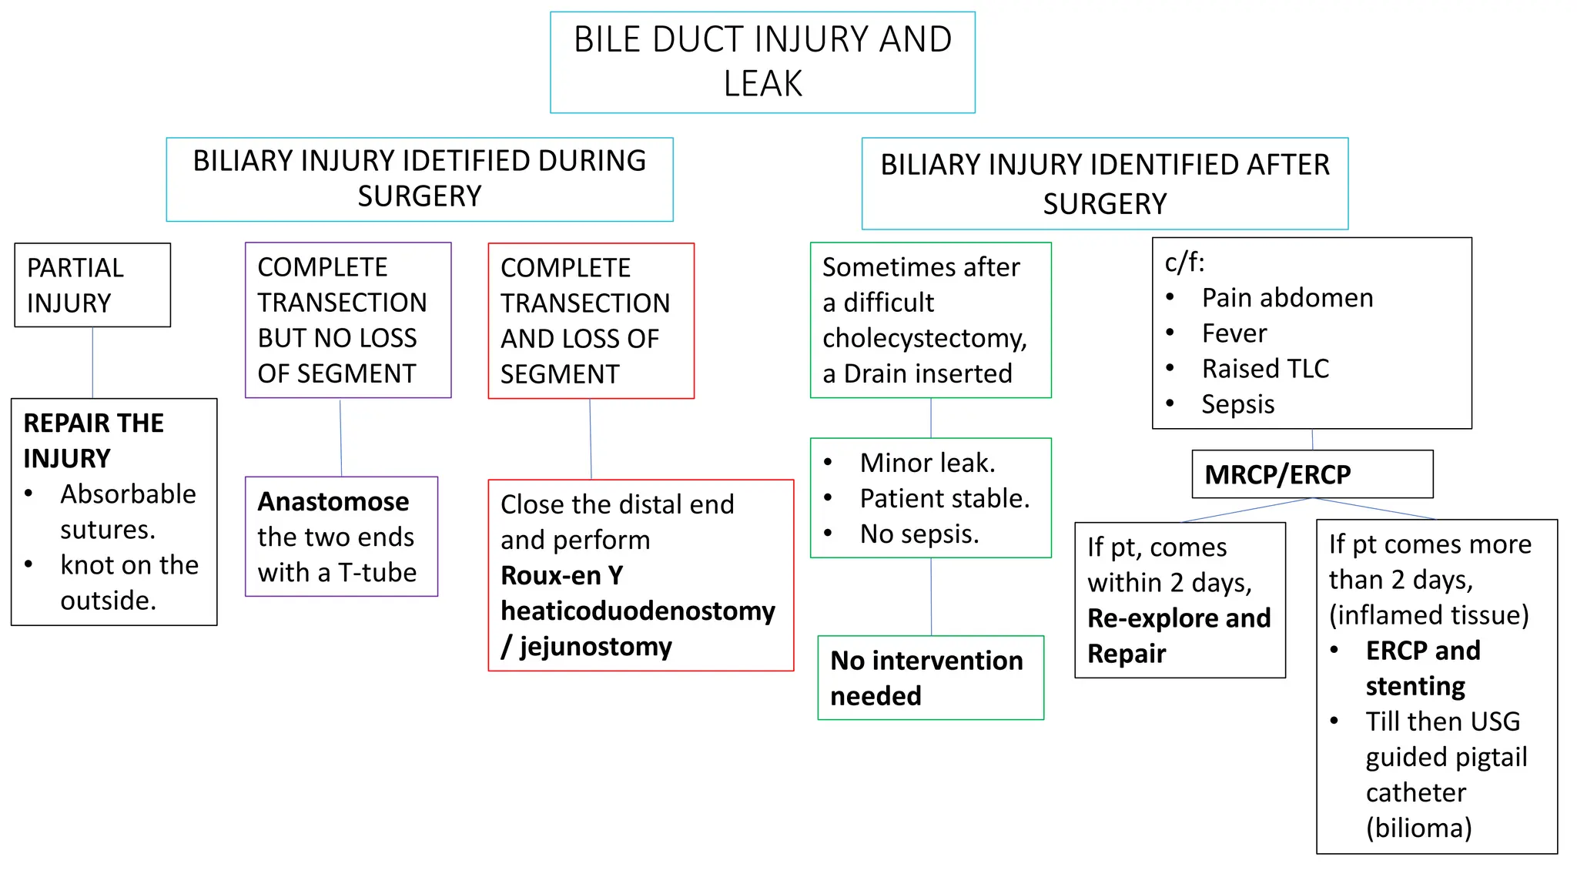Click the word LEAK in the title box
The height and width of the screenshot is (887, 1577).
click(762, 83)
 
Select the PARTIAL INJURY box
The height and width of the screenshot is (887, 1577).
click(92, 286)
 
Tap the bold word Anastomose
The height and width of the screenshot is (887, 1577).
click(333, 502)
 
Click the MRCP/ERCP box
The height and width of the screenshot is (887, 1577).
click(1312, 474)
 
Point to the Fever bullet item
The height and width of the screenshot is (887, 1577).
click(1234, 333)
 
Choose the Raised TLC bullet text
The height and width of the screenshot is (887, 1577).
click(1265, 369)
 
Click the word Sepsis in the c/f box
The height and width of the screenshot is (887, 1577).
click(1237, 404)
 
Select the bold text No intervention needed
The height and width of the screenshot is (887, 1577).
click(926, 678)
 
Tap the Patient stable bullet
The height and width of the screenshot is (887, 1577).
click(944, 499)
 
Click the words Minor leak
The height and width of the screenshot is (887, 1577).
click(927, 464)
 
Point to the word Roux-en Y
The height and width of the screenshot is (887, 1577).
click(562, 575)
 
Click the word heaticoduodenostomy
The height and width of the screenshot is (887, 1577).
click(638, 611)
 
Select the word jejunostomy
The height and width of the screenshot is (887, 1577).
click(595, 647)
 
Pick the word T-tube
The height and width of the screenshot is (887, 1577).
click(377, 573)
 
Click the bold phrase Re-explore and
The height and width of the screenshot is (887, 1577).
click(1179, 618)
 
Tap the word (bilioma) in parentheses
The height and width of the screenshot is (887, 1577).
click(1418, 828)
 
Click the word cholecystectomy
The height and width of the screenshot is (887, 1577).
click(924, 339)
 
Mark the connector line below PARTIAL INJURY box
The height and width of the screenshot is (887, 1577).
click(92, 362)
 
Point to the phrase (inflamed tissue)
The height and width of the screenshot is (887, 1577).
click(1428, 615)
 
